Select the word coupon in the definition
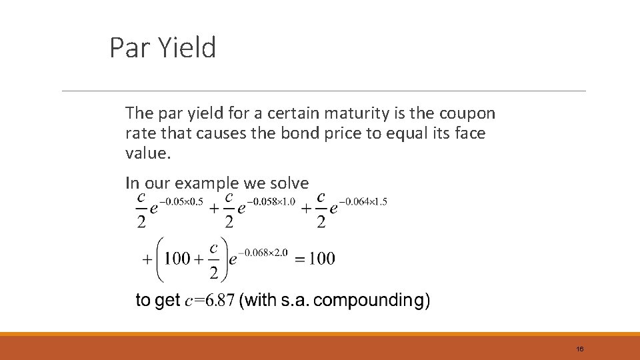pyautogui.click(x=467, y=113)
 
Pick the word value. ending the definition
pyautogui.click(x=148, y=153)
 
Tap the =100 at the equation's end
pyautogui.click(x=315, y=259)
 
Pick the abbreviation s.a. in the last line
pyautogui.click(x=292, y=301)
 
